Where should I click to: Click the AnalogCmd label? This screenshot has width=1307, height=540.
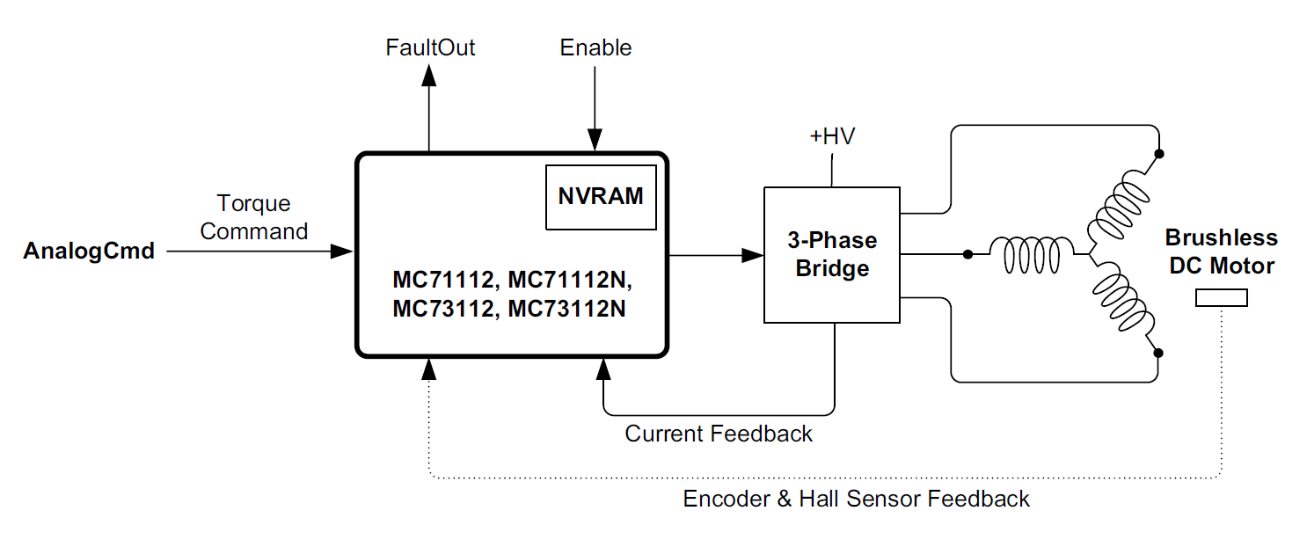coord(89,251)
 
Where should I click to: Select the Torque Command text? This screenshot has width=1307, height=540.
coord(254,217)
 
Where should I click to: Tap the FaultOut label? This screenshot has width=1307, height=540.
coord(430,47)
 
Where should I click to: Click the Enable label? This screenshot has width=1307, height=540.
coord(595,47)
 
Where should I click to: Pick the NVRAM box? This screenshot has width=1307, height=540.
coord(601,197)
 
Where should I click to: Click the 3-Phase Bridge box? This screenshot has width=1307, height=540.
coord(832,255)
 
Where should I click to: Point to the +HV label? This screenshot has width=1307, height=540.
coord(831,137)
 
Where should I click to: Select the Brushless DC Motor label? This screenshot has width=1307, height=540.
coord(1221,252)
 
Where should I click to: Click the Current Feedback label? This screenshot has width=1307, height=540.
coord(719,434)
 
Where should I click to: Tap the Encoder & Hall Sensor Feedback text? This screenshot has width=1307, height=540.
coord(856,500)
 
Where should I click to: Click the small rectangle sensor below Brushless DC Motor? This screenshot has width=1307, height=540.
coord(1221,298)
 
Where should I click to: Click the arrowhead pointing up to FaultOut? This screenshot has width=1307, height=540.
coord(429,75)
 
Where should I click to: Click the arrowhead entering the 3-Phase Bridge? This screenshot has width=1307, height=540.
coord(752,255)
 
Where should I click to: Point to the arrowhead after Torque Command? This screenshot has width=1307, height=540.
coord(341,252)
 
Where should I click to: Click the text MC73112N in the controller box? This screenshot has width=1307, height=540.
coord(567,310)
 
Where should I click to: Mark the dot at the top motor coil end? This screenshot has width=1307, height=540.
coord(1159,154)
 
